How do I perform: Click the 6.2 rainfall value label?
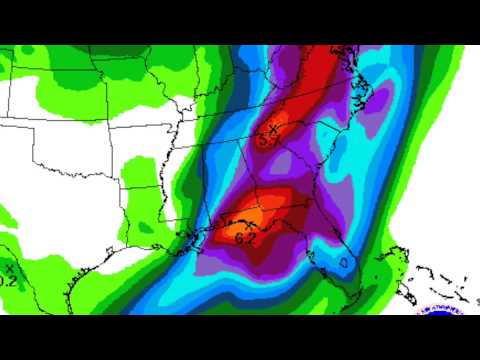[x=244, y=239]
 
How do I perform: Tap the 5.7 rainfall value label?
[x=268, y=141]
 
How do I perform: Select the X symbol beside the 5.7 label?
[x=272, y=128]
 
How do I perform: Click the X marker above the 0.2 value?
[x=10, y=268]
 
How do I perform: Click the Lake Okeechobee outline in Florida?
[x=344, y=263]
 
